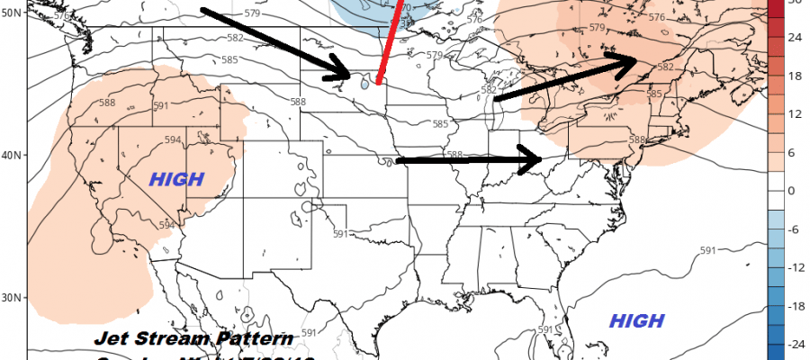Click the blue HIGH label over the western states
(x=177, y=178)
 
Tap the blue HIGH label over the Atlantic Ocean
(x=636, y=321)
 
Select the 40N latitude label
(x=13, y=157)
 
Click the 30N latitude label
(x=13, y=299)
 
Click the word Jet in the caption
(x=113, y=340)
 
